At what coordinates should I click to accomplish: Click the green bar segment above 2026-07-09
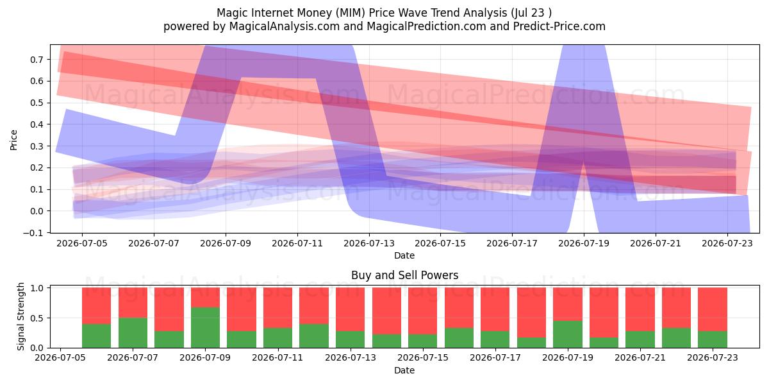point(205,327)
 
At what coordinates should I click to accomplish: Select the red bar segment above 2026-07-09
point(205,297)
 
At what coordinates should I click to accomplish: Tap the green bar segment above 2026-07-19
point(568,334)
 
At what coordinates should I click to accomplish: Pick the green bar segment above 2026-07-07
point(133,333)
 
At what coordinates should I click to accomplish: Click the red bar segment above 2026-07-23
point(713,309)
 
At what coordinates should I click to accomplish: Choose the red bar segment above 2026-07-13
point(350,309)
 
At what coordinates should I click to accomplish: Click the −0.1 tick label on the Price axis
point(33,233)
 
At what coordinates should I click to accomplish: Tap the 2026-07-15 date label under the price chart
point(440,243)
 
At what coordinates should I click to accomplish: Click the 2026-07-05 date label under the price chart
point(82,243)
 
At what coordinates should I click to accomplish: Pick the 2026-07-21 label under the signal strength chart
point(640,357)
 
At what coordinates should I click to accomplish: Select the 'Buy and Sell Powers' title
point(405,275)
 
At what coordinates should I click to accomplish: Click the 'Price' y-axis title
point(13,140)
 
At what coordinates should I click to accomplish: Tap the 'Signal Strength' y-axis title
point(21,316)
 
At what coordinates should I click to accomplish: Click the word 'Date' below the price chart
point(404,255)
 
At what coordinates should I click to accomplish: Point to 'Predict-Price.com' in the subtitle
point(559,26)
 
